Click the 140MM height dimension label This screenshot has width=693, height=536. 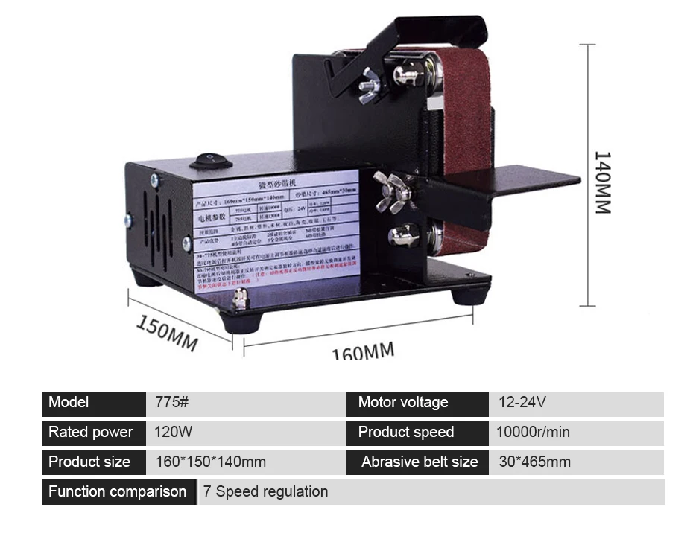(602, 182)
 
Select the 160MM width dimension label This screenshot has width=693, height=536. (363, 351)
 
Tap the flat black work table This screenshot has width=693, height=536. (522, 179)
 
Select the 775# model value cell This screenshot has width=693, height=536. (172, 403)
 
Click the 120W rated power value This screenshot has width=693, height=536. (173, 433)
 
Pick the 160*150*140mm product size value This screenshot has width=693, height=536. (210, 462)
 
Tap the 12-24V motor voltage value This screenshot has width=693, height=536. (522, 403)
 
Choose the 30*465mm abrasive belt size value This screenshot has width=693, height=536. (534, 462)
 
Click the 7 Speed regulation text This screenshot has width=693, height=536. (265, 492)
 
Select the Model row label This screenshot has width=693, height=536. (69, 403)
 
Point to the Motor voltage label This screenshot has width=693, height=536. (403, 403)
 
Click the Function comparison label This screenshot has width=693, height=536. (117, 492)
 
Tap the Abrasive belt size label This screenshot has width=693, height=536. (420, 462)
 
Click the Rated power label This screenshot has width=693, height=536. (90, 433)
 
